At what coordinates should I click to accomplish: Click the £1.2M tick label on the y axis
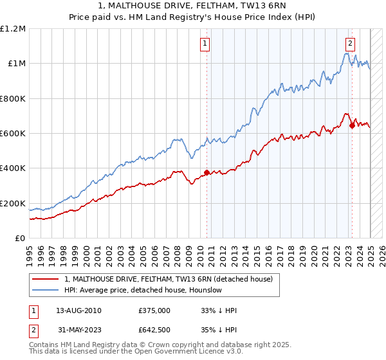(x=13, y=29)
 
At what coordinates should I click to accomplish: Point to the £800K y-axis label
(x=13, y=98)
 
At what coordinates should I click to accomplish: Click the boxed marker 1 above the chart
(x=205, y=44)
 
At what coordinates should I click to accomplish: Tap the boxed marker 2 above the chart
(x=350, y=44)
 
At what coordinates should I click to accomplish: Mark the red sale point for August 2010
(x=207, y=172)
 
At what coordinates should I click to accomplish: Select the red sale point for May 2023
(x=352, y=126)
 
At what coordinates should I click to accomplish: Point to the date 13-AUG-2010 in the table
(x=78, y=310)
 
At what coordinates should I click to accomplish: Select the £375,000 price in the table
(x=154, y=310)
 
